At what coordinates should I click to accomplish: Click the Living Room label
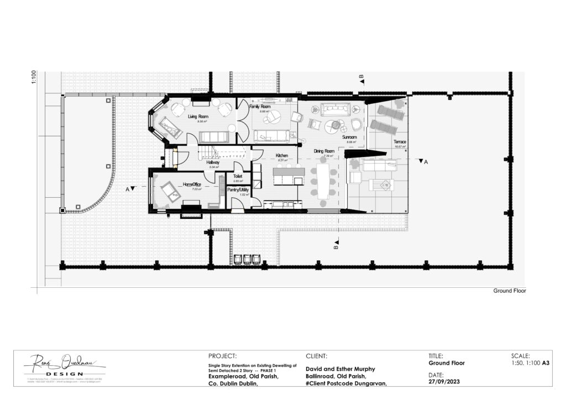[x=197, y=117]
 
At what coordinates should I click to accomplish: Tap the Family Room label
[x=260, y=106]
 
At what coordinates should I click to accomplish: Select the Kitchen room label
[x=282, y=156]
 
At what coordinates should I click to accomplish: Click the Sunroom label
[x=349, y=136]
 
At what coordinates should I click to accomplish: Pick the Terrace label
[x=400, y=142]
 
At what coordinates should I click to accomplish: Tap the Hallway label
[x=213, y=162]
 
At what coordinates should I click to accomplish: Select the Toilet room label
[x=238, y=176]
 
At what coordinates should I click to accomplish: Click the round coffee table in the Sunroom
[x=332, y=125]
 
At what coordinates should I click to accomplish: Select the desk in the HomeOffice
[x=170, y=191]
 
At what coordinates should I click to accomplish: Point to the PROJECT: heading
[x=223, y=356]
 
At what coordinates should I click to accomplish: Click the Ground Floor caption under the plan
[x=510, y=291]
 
